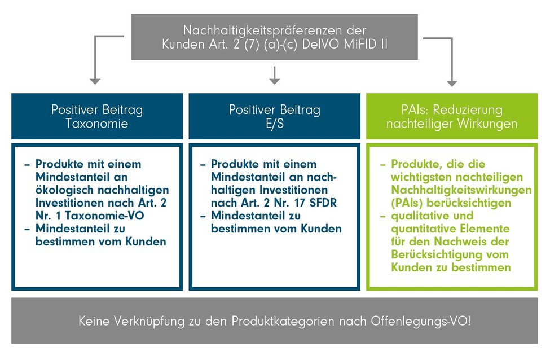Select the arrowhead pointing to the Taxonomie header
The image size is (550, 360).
(95, 81)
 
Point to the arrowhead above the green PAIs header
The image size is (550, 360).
(452, 82)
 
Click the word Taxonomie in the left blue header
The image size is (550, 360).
(97, 124)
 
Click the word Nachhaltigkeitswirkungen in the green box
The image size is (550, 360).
(461, 190)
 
